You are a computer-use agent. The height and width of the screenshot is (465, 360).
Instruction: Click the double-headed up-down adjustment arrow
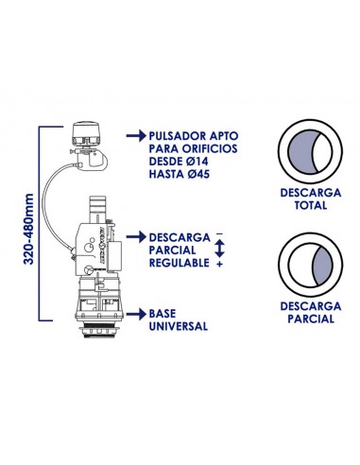coord(219,250)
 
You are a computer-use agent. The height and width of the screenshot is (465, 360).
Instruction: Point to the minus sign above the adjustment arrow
coord(219,232)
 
